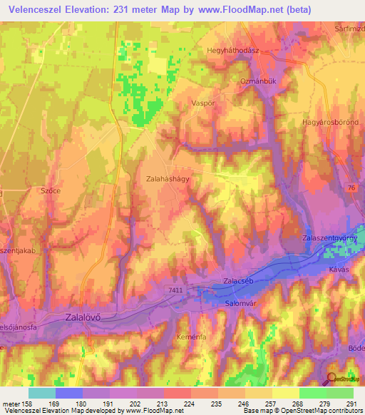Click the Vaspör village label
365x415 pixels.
pos(204,103)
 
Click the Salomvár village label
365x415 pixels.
pos(242,304)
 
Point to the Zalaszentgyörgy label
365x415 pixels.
pos(329,237)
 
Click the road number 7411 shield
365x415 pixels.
pos(175,290)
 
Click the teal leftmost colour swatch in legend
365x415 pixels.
pos(41,392)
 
